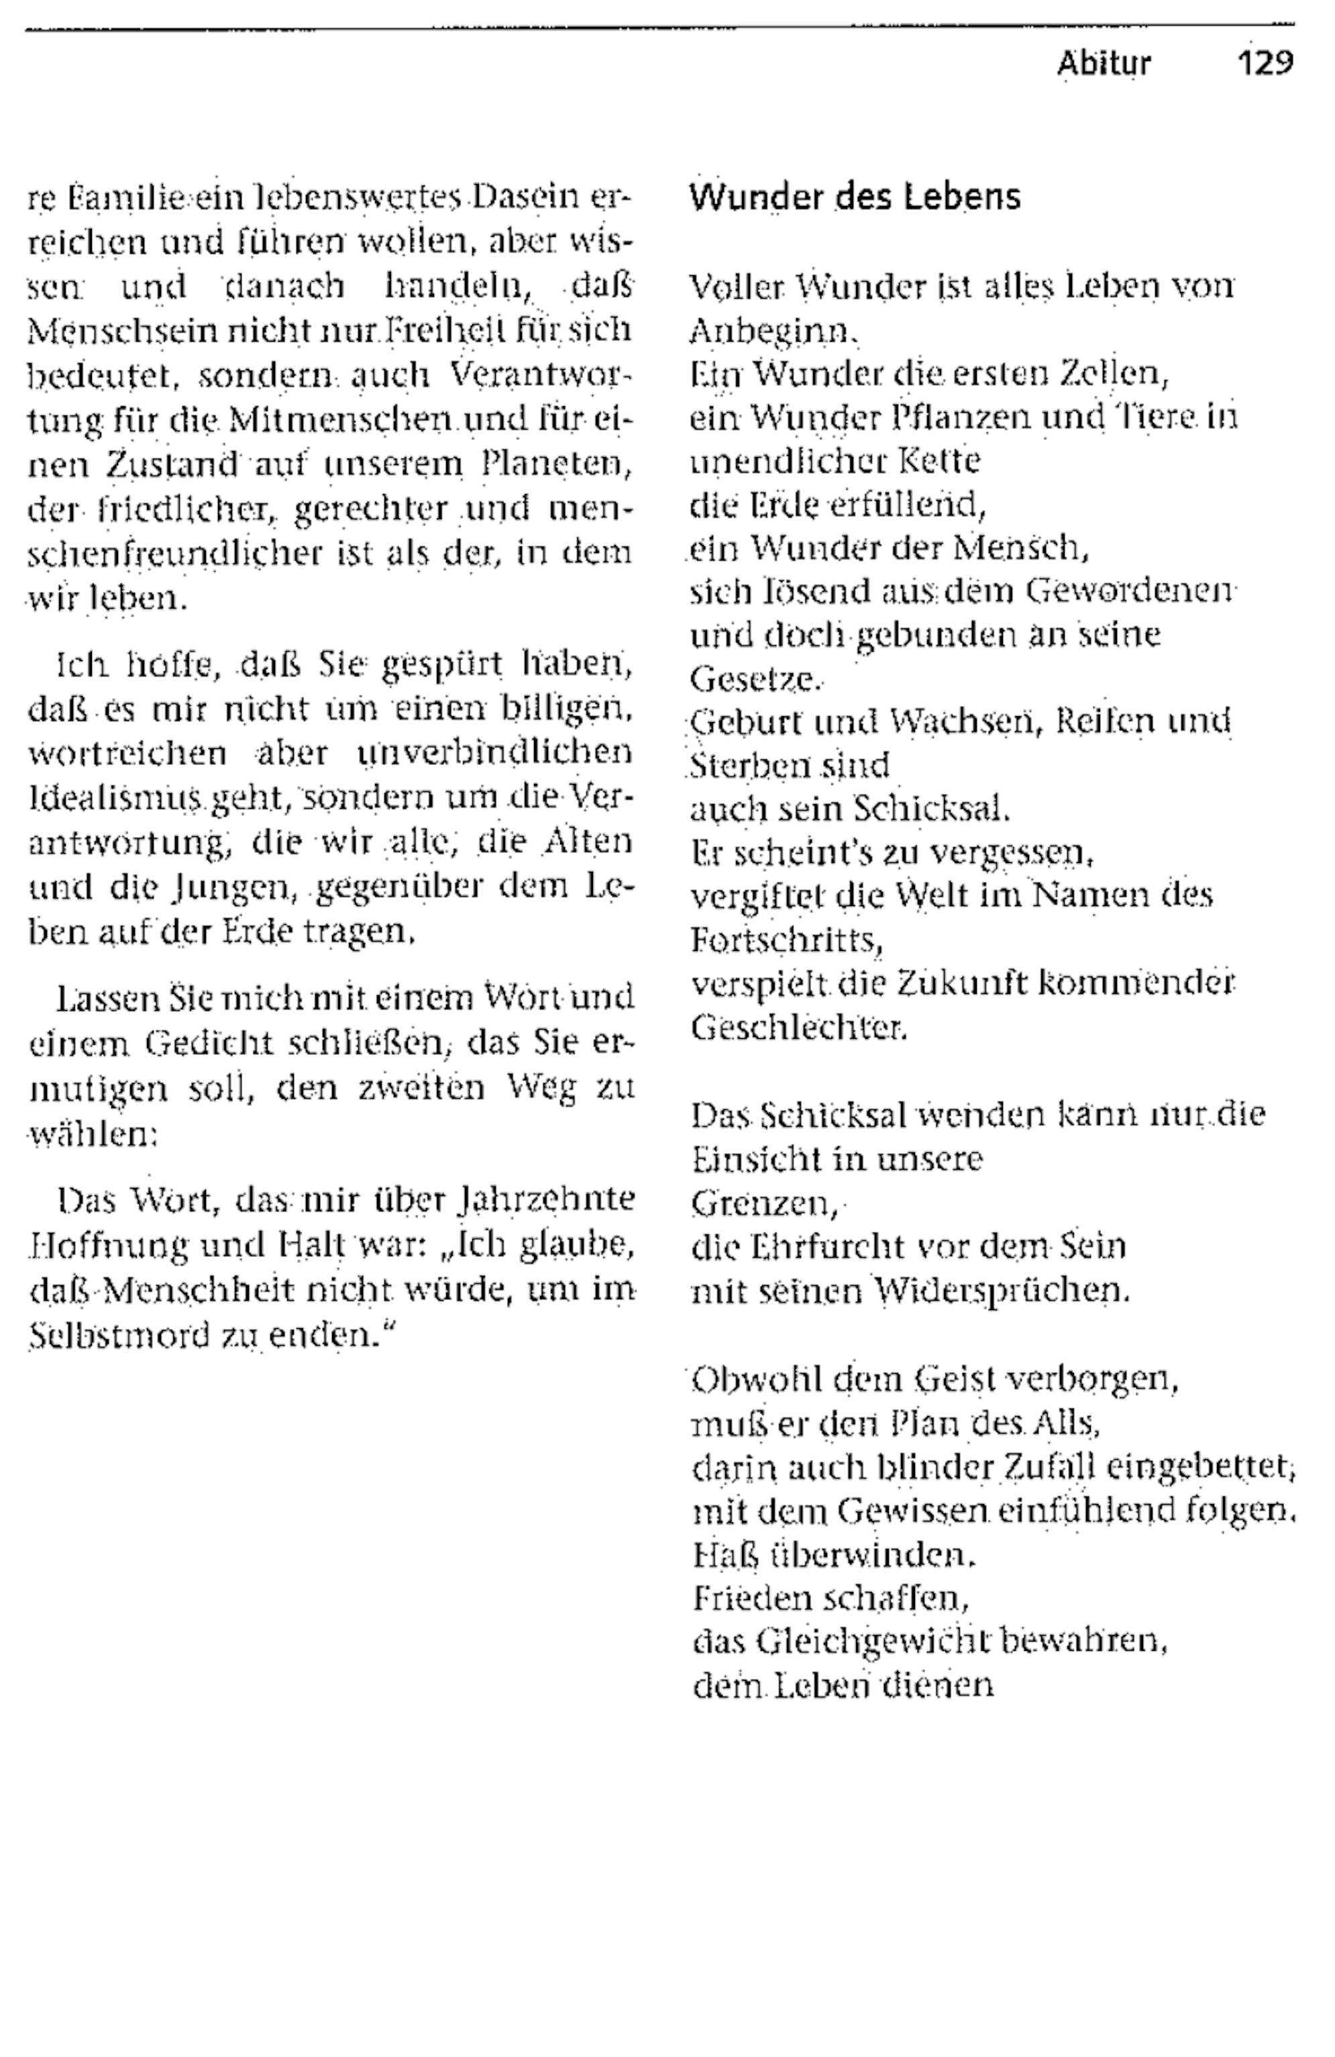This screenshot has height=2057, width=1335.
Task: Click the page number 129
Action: [1265, 63]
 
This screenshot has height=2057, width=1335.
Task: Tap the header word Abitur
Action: [1104, 63]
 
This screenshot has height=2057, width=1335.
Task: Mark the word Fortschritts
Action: [786, 940]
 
